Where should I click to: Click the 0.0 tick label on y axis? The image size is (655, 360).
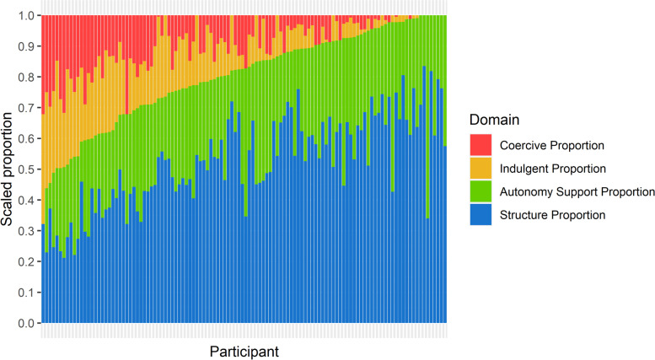28,324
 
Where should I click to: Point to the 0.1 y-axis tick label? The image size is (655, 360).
28,293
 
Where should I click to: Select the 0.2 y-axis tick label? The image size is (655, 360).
28,262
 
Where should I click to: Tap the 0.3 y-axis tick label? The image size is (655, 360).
28,231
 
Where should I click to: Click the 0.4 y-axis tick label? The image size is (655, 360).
28,201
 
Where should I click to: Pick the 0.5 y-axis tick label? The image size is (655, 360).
28,169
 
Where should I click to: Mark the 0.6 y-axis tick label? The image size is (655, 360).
28,138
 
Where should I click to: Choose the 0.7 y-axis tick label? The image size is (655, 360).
28,108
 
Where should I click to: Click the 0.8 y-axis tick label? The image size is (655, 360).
28,77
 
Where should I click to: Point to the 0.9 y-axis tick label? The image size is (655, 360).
28,46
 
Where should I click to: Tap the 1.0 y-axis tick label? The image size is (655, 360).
28,15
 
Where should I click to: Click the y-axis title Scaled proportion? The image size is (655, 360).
8,169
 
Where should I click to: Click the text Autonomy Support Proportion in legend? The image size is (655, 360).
575,191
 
